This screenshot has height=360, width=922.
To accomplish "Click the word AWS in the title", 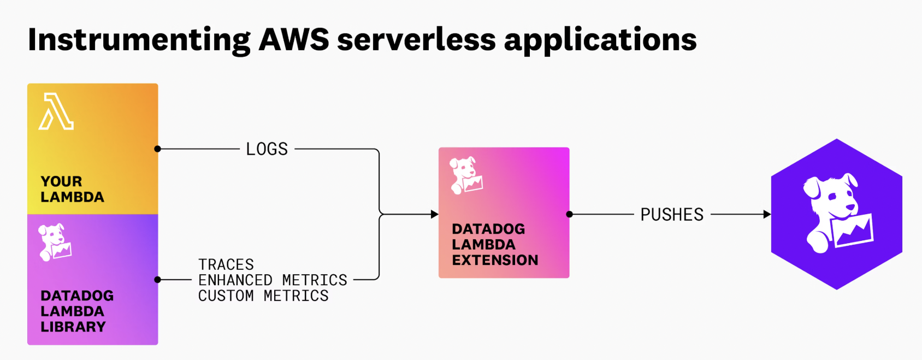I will click(294, 40).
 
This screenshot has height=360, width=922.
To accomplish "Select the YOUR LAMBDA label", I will click(72, 189).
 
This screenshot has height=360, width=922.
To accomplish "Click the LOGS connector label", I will click(267, 149).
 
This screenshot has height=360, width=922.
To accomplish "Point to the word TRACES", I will click(226, 265).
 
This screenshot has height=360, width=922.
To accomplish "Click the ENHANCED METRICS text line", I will click(273, 280).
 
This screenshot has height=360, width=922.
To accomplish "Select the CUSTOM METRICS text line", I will click(263, 296).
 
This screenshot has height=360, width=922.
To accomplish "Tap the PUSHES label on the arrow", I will click(672, 215).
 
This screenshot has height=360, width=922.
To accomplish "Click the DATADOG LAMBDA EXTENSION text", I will click(495, 245).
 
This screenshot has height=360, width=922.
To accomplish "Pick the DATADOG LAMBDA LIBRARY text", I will click(77, 311).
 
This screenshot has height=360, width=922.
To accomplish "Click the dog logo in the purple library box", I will click(55, 242).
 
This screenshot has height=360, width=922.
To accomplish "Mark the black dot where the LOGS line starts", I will click(158, 149).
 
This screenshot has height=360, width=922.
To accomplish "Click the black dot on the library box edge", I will click(158, 280).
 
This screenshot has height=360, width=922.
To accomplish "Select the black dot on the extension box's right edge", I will click(569, 214).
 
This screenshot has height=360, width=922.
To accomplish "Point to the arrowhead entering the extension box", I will click(435, 214).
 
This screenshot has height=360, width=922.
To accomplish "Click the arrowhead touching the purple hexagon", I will click(767, 214).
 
